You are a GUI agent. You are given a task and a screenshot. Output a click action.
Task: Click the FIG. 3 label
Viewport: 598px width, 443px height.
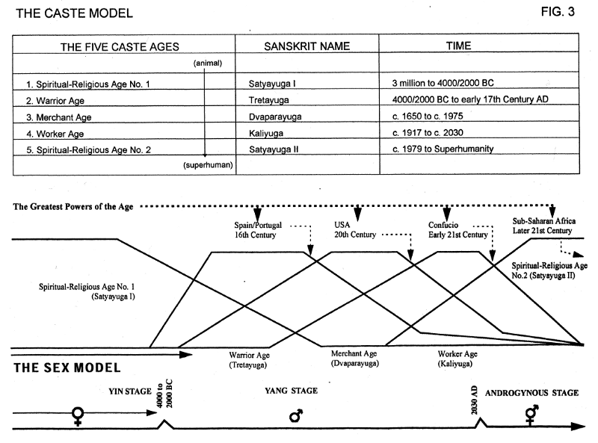pos(558,12)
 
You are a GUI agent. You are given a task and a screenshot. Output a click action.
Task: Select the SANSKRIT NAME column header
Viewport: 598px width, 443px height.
pos(306,46)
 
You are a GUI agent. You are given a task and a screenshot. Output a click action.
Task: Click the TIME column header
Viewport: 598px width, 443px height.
pos(458,46)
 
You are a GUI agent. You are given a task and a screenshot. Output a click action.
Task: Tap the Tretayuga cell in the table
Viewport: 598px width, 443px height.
pos(269,100)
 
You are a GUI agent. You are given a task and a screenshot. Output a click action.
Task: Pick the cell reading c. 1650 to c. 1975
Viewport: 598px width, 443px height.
pos(428,116)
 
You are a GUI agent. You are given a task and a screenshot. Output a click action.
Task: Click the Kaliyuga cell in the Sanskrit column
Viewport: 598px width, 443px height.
pos(266,133)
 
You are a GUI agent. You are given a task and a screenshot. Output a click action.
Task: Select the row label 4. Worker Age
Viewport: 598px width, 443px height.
pos(55,134)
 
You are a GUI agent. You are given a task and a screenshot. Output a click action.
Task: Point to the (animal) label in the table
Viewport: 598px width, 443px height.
pos(208,63)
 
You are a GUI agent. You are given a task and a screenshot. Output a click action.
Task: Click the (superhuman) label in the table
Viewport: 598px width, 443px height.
pos(208,165)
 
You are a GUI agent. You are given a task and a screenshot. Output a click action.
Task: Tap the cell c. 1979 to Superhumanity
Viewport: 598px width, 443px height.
pos(443,149)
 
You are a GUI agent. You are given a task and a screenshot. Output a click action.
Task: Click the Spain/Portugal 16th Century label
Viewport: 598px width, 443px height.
pos(258,230)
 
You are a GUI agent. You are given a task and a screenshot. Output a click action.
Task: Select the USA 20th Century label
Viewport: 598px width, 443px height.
pos(355,229)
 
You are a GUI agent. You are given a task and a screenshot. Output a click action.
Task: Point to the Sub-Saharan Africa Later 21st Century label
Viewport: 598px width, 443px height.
pos(544,226)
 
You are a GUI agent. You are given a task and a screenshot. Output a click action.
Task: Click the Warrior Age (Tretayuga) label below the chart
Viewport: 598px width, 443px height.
pos(249,360)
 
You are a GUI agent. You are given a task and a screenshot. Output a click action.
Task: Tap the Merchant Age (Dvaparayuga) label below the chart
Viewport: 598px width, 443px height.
pos(354,359)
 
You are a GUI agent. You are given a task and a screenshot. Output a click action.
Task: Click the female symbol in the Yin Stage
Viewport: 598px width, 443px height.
pos(78,416)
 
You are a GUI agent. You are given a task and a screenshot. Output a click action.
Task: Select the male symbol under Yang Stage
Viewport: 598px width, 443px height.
pos(296,415)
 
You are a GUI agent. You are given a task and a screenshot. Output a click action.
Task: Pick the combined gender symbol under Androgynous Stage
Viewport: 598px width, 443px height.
pos(531,414)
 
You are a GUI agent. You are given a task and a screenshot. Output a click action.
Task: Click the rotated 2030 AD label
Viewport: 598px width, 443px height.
pos(474,400)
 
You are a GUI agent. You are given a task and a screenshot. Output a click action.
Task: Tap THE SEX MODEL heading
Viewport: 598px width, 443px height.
pos(67,368)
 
